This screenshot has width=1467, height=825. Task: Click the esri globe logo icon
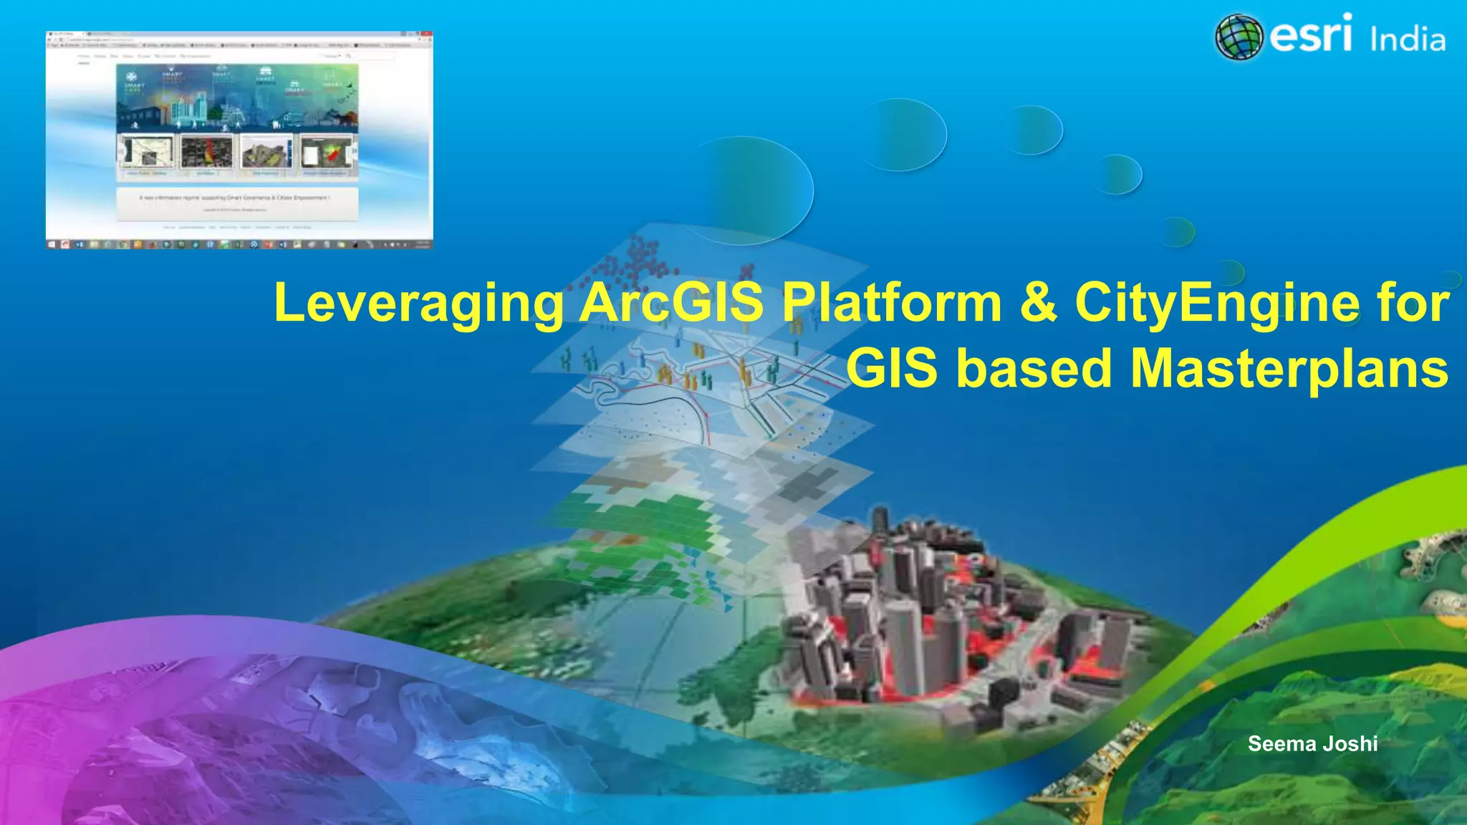(1238, 37)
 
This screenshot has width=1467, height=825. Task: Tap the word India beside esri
(1407, 39)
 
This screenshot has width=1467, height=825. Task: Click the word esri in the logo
(1311, 34)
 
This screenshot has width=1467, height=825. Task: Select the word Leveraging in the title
(419, 304)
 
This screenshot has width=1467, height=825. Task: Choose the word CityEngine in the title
(1216, 304)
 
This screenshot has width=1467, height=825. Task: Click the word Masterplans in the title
(1289, 368)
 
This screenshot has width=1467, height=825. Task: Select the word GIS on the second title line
(892, 368)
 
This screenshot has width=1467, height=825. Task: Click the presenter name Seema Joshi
(1312, 743)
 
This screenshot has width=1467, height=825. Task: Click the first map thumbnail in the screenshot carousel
(147, 153)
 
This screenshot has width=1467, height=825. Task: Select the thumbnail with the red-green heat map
(328, 153)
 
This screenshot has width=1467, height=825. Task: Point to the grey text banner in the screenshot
(237, 203)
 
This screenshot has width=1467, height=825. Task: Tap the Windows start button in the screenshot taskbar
(52, 244)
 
